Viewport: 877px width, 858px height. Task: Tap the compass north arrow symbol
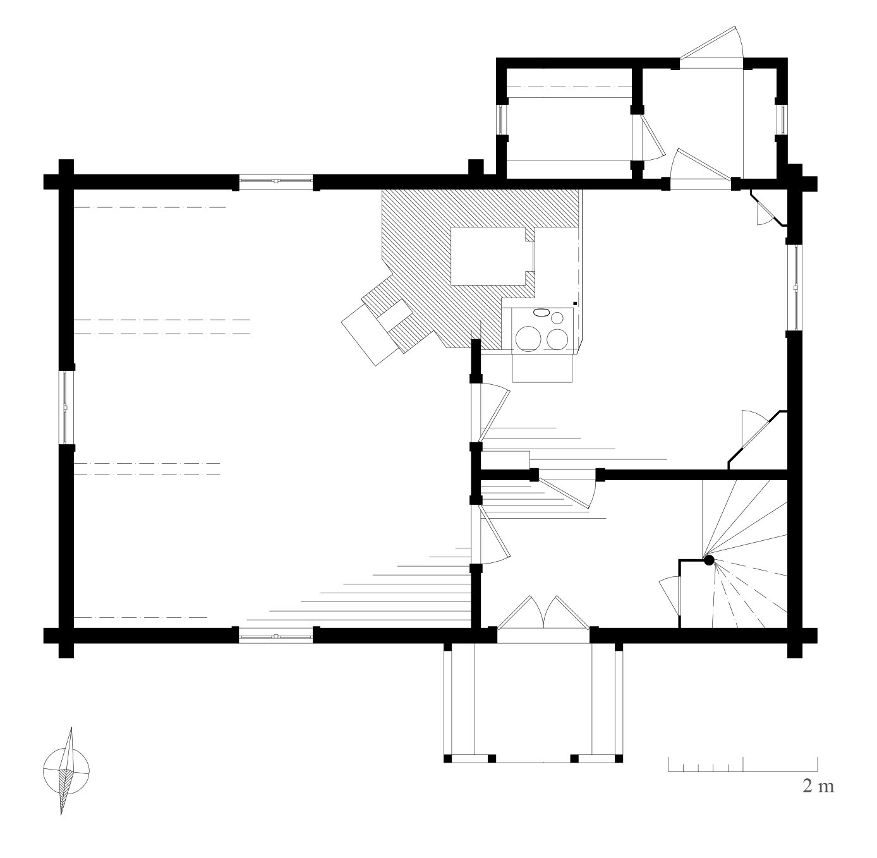pyautogui.click(x=66, y=771)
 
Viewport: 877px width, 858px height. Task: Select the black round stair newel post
pyautogui.click(x=709, y=560)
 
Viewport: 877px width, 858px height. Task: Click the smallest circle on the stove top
pyautogui.click(x=557, y=318)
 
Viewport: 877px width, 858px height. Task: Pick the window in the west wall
pyautogui.click(x=66, y=408)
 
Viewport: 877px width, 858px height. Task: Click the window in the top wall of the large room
pyautogui.click(x=275, y=181)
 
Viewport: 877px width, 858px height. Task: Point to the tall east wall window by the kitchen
pyautogui.click(x=795, y=287)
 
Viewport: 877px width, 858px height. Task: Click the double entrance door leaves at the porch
pyautogui.click(x=543, y=612)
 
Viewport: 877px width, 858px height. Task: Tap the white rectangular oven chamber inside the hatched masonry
pyautogui.click(x=493, y=256)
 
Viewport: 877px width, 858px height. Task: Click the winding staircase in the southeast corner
pyautogui.click(x=744, y=554)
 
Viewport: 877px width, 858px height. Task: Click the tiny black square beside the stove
pyautogui.click(x=575, y=304)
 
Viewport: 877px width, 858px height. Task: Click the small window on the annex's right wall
pyautogui.click(x=783, y=119)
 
